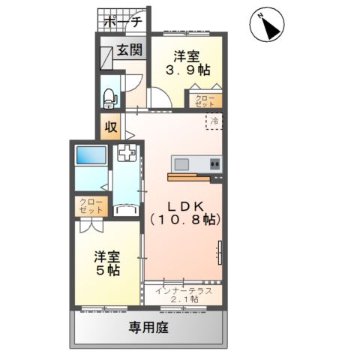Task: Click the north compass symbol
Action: (267, 25)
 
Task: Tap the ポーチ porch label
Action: (123, 22)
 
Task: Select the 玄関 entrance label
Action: (130, 49)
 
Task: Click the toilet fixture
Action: (110, 98)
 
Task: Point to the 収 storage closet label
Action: (111, 127)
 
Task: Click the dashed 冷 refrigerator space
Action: (214, 121)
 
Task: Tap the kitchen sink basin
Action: (181, 164)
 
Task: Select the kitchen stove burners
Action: (215, 164)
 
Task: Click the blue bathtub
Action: (91, 155)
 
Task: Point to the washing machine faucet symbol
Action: (126, 152)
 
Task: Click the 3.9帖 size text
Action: (188, 70)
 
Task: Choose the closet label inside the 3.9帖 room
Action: (205, 101)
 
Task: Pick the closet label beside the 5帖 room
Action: (91, 206)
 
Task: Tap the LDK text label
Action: (185, 206)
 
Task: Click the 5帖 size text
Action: (108, 270)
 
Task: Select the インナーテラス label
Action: (184, 291)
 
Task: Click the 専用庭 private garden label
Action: (148, 328)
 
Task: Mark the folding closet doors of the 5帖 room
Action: (91, 225)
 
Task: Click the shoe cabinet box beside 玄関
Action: (106, 58)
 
